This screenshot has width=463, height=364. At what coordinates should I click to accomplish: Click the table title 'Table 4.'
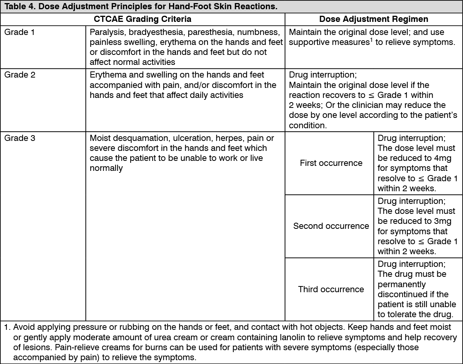[x=19, y=7]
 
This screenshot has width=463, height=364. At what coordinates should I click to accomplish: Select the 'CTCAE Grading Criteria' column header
[x=143, y=19]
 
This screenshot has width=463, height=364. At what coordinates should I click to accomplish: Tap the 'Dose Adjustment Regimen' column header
[x=373, y=19]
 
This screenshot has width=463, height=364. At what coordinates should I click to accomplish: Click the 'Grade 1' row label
[x=19, y=32]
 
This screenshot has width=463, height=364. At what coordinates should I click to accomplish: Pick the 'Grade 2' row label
[x=20, y=75]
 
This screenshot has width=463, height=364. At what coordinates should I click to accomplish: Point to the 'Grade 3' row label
[x=20, y=138]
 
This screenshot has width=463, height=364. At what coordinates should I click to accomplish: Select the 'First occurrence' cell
[x=331, y=163]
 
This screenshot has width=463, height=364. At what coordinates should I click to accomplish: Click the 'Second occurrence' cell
[x=331, y=226]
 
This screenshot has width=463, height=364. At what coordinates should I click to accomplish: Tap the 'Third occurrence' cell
[x=331, y=289]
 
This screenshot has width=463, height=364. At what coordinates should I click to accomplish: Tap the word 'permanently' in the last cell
[x=402, y=285]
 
